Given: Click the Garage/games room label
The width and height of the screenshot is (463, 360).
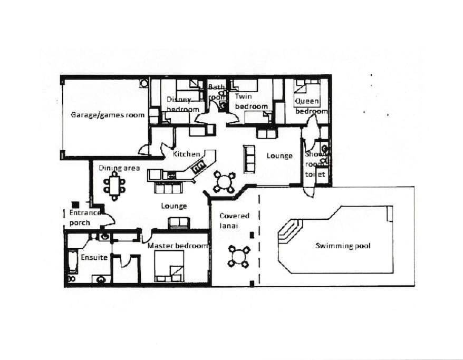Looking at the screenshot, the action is click(x=108, y=115).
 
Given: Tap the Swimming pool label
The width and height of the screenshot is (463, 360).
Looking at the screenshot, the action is click(x=343, y=246).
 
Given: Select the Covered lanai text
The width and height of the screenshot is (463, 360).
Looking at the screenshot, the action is click(x=235, y=221).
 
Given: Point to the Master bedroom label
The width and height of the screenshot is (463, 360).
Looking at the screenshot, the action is click(x=178, y=246).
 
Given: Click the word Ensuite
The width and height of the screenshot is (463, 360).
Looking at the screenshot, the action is click(x=94, y=258).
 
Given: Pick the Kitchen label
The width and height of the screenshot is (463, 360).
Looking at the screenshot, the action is click(x=186, y=154).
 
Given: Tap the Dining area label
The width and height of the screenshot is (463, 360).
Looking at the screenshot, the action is click(x=119, y=168).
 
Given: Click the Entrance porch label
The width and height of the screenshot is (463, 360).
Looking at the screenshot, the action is click(x=85, y=218).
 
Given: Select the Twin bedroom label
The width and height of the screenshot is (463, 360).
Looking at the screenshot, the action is click(x=252, y=101).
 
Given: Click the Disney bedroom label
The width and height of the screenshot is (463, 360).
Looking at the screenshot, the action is click(x=183, y=104).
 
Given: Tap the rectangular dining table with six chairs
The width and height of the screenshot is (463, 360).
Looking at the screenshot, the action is click(x=114, y=186).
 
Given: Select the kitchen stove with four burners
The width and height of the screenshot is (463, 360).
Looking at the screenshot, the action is click(x=199, y=168).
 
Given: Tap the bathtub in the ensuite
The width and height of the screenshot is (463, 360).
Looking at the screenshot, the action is click(x=73, y=262).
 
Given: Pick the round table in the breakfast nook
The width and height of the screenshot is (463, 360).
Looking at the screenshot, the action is click(x=225, y=181).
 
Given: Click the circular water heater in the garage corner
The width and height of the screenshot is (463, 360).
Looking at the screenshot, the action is click(x=144, y=83).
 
